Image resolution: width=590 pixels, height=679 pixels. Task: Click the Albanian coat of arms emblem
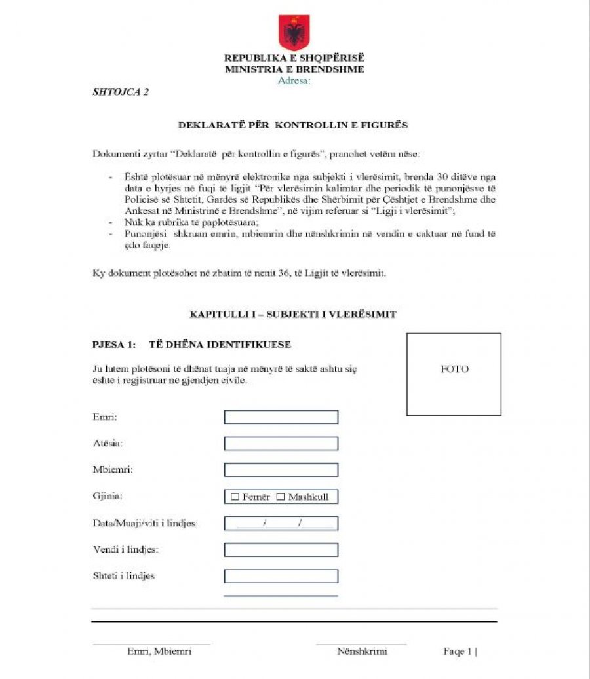coord(294,33)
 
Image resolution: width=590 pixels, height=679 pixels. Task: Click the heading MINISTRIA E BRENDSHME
coord(294,69)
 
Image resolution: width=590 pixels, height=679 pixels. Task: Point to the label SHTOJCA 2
coord(121,92)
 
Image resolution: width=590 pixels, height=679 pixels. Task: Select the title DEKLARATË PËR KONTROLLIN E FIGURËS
coord(293,125)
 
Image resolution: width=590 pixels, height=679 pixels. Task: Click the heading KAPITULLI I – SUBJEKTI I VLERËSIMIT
coord(293,314)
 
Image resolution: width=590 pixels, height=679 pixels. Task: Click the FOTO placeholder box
coord(454,374)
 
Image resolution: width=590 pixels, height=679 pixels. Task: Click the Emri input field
coord(281,417)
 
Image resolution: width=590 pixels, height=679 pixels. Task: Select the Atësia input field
coord(281,444)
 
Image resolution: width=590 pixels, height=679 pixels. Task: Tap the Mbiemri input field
coord(281,470)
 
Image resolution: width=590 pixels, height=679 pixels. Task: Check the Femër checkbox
coord(235,497)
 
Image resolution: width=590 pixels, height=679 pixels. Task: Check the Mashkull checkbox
coord(281,497)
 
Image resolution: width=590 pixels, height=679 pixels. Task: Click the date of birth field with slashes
coord(281,523)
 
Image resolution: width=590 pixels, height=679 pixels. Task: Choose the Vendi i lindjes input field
coord(281,550)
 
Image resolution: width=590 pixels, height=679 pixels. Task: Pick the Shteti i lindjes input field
coord(281,576)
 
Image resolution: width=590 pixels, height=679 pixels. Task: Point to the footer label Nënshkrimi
coord(362,651)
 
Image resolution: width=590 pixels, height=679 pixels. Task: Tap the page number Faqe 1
coord(459,651)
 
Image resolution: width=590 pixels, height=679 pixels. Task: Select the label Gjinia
coord(108,496)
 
